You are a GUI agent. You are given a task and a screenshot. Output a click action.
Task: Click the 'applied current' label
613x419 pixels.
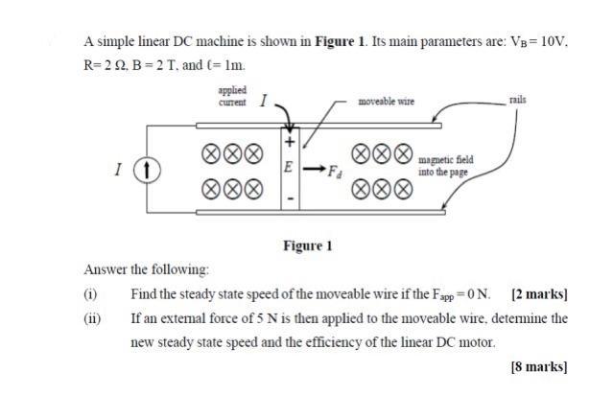pyautogui.click(x=232, y=97)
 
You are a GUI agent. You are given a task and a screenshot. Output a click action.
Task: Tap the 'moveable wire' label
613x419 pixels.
pyautogui.click(x=385, y=102)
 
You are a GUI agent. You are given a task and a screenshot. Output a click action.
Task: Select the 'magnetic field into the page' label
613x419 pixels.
pyautogui.click(x=445, y=167)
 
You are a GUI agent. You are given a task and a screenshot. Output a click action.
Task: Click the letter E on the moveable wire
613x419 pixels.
pyautogui.click(x=287, y=165)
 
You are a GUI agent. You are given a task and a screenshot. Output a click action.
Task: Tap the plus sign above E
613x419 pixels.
pyautogui.click(x=287, y=141)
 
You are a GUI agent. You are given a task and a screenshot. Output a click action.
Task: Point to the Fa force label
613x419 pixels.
pyautogui.click(x=333, y=173)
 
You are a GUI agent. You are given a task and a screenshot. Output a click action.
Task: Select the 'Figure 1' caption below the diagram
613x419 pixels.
pyautogui.click(x=307, y=245)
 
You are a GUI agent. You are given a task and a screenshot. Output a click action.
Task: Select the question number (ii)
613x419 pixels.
pyautogui.click(x=94, y=317)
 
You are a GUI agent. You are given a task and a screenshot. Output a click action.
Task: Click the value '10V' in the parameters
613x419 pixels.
pyautogui.click(x=554, y=42)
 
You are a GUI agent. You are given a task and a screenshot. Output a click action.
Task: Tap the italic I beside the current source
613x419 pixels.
pyautogui.click(x=117, y=171)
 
